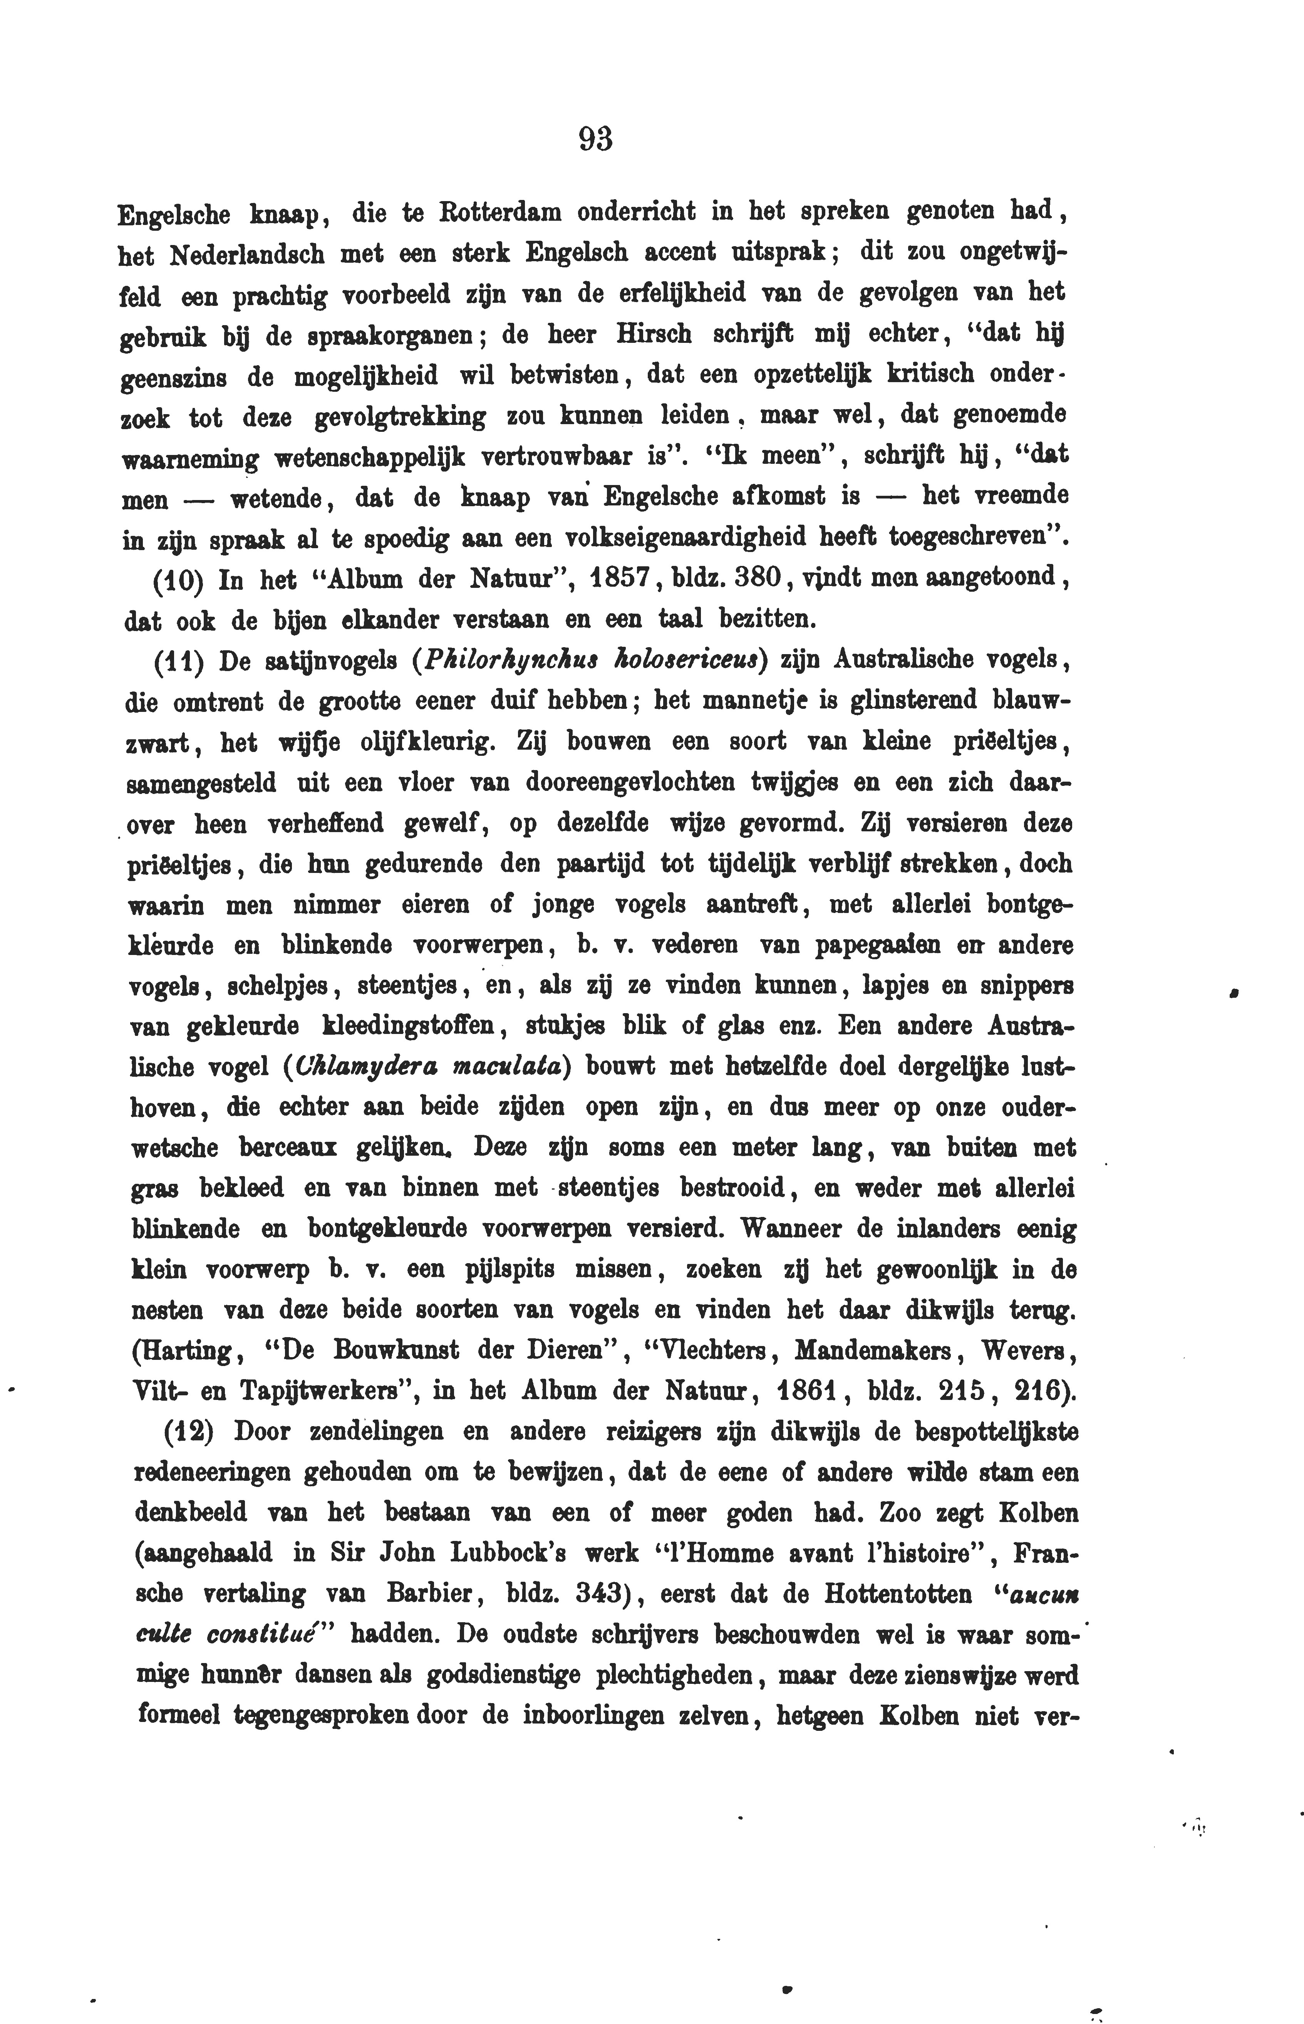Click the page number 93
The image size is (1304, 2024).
point(595,138)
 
